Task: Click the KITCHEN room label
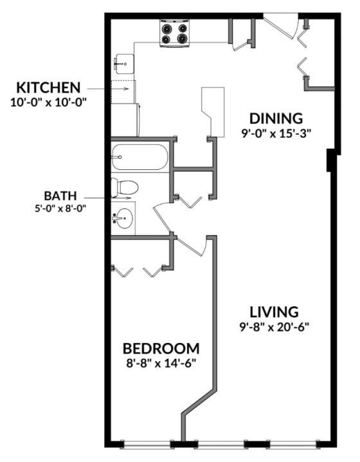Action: (x=48, y=88)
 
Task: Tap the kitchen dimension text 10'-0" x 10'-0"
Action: (x=48, y=101)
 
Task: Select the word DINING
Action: (x=276, y=118)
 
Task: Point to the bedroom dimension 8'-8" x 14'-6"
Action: (x=161, y=363)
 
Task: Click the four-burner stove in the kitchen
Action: (x=175, y=33)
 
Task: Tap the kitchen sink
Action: (x=123, y=62)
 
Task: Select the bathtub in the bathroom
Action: (x=139, y=157)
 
